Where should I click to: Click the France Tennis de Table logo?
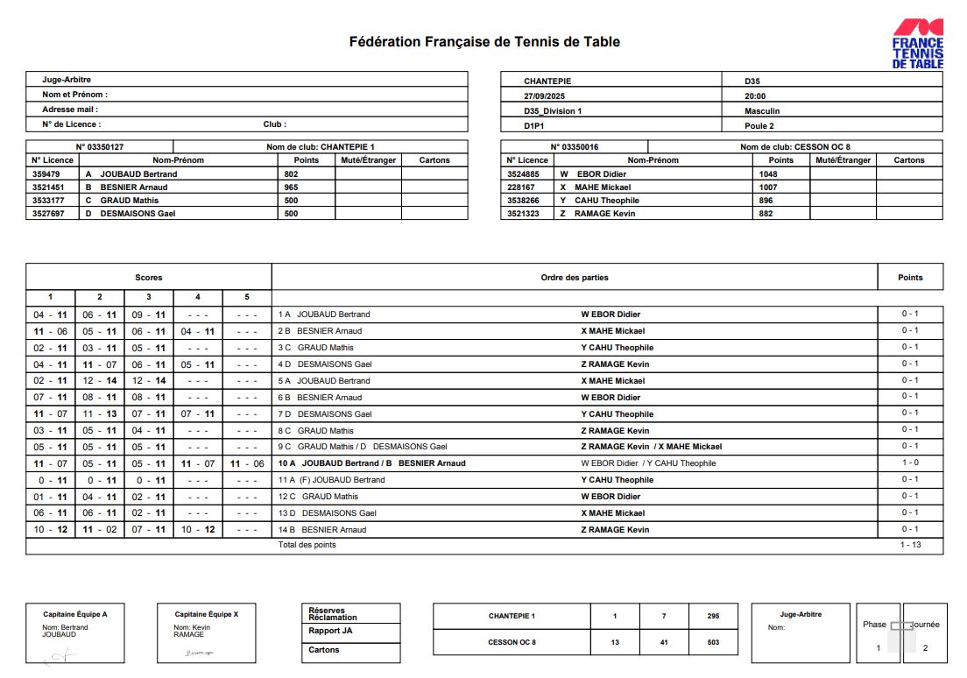(x=917, y=45)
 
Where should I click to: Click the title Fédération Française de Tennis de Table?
(x=484, y=41)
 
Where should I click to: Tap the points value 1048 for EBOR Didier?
(x=768, y=174)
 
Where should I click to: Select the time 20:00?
(x=755, y=96)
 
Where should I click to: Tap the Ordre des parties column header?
(x=575, y=278)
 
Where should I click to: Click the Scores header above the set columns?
(x=148, y=278)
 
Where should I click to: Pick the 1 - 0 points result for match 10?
(x=910, y=463)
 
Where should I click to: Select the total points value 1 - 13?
(x=910, y=545)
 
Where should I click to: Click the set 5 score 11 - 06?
(x=247, y=463)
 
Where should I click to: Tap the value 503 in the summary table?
(x=713, y=642)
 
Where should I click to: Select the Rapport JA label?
(x=330, y=631)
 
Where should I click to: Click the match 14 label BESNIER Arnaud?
(x=331, y=530)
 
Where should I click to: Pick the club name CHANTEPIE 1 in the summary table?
(x=512, y=616)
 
